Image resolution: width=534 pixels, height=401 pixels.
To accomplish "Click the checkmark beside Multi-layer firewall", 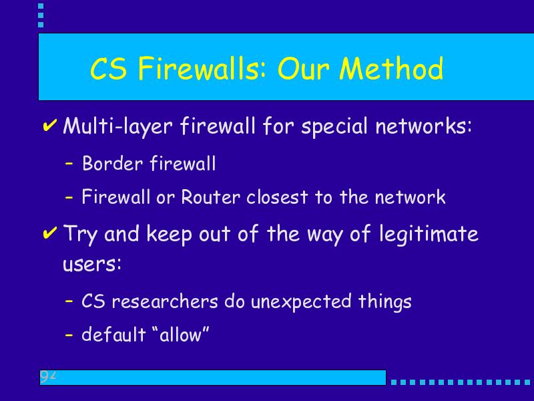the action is click(x=49, y=125).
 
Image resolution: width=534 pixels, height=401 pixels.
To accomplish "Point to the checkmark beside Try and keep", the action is click(x=49, y=233).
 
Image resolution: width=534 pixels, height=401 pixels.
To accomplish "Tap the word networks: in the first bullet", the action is click(x=424, y=126).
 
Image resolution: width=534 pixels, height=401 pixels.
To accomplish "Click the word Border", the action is click(x=112, y=163).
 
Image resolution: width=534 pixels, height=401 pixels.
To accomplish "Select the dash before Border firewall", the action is click(x=69, y=164).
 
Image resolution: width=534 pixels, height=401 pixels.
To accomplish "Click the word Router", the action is click(x=210, y=197).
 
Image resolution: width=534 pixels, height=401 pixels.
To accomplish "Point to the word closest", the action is click(x=277, y=197).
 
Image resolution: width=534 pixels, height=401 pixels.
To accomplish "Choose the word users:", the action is click(x=92, y=264).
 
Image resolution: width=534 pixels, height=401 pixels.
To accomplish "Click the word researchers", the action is click(x=165, y=301).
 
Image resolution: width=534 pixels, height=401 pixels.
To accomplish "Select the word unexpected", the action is click(x=301, y=302).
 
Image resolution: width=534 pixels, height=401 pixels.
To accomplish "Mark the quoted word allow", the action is click(x=180, y=335).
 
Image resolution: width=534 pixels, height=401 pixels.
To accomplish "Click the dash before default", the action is click(x=69, y=335).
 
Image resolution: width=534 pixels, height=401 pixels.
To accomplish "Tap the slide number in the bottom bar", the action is click(x=47, y=376).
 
